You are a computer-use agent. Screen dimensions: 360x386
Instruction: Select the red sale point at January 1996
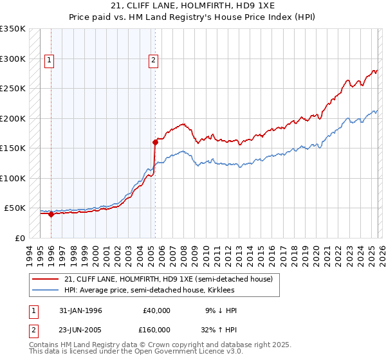point(51,215)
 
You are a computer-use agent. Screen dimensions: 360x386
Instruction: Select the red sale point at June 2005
point(155,142)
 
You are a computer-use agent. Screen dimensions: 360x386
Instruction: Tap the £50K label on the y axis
point(15,208)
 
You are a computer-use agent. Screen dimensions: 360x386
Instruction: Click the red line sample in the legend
point(44,279)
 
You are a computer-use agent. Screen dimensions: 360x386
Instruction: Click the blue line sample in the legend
point(44,290)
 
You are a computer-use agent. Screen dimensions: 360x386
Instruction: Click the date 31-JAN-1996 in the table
point(80,310)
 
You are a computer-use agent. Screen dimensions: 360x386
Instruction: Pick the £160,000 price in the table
point(158,330)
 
